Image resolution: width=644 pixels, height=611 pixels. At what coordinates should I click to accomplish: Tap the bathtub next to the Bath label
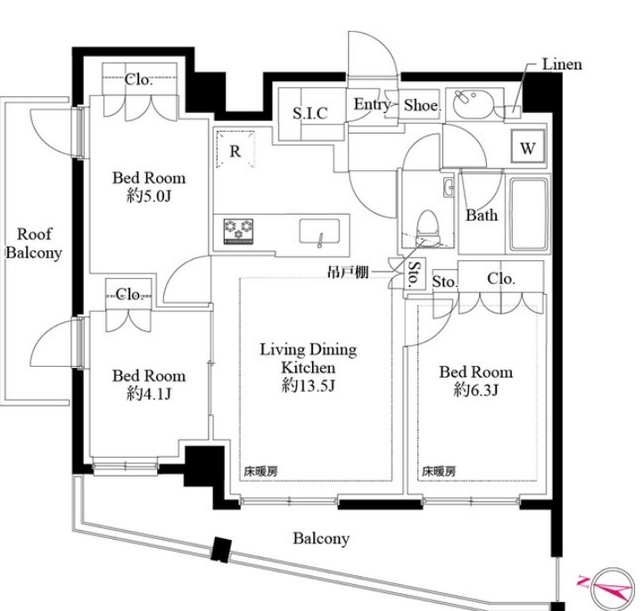pos(529,214)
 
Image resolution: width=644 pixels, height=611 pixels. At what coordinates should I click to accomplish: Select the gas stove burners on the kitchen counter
pos(238,231)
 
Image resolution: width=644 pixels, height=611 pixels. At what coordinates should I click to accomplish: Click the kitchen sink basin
pos(319,232)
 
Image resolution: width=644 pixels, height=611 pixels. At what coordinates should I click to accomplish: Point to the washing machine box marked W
pos(528,146)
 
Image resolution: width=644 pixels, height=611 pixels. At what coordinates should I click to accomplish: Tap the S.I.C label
pos(310,113)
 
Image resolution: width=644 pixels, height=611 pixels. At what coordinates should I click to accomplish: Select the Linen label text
pos(562,64)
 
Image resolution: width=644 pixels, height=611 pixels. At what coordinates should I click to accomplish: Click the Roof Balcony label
pos(34,243)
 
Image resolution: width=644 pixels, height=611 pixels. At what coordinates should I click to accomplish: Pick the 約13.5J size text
pos(308,386)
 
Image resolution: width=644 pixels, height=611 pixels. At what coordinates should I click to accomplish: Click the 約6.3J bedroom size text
pos(476,389)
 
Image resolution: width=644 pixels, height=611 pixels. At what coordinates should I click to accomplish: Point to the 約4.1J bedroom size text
pos(149,394)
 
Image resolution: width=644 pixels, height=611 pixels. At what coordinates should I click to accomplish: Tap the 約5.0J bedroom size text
pos(149,196)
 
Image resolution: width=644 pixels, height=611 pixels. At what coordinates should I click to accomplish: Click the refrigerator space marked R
pos(235,150)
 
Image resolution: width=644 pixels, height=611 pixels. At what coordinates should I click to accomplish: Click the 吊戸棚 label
pos(348,272)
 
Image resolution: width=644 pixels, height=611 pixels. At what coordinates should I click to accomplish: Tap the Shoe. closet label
pos(422,105)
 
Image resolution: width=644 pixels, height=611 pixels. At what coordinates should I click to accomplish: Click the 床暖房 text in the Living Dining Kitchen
pos(260,471)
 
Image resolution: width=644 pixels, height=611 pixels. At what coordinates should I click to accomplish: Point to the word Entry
pos(372,104)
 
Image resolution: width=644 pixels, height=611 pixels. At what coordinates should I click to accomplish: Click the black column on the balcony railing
pos(221,550)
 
